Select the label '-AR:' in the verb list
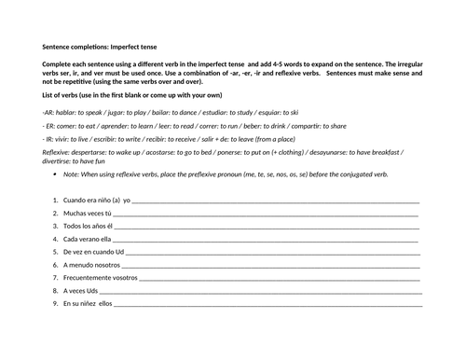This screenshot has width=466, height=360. point(49,111)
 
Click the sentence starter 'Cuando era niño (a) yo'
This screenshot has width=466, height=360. point(98,200)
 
